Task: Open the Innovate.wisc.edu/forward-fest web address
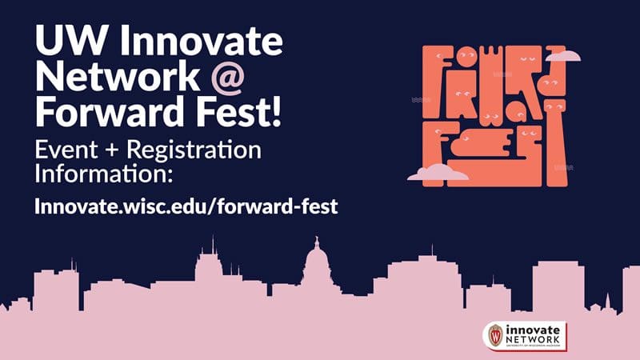186,206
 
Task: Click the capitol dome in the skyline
318,264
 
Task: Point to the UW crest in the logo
496,334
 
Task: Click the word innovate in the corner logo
533,330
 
